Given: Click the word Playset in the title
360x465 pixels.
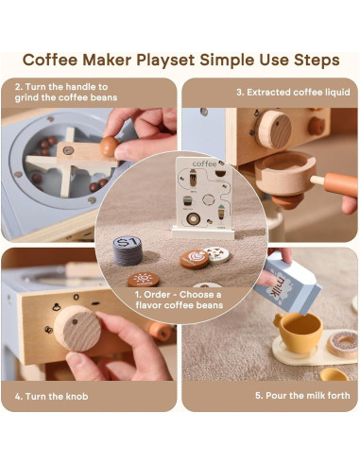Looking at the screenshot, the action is click(x=165, y=60).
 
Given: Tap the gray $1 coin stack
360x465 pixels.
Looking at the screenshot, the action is click(x=128, y=250).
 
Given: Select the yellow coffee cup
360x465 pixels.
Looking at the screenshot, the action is click(x=298, y=332).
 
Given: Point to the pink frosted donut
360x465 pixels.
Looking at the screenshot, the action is click(x=342, y=343).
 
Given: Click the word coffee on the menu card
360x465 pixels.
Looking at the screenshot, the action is click(x=204, y=164).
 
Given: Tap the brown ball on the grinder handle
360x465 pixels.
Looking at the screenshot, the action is click(x=109, y=146).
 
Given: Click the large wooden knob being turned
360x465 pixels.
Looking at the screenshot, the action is click(x=77, y=328).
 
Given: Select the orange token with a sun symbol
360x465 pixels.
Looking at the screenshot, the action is click(x=144, y=279).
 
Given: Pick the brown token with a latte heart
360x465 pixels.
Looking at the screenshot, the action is click(x=195, y=259).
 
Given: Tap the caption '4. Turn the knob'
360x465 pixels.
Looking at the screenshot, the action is click(x=51, y=396).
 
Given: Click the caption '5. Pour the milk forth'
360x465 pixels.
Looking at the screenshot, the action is click(x=302, y=395).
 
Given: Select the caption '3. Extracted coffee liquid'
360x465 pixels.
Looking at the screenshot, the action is click(x=293, y=92).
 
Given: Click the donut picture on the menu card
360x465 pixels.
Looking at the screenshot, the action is click(x=193, y=218).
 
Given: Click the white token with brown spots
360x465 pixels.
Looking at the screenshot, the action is click(x=217, y=254).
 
